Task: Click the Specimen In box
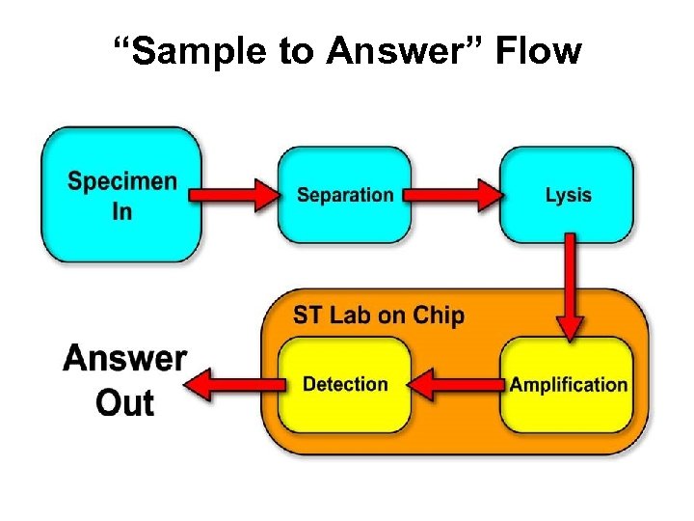122,195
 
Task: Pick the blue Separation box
345,195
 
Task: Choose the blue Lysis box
568,195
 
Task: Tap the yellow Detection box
345,384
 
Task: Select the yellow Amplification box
568,384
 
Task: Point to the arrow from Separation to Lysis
453,195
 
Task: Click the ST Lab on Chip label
378,315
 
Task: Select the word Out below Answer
124,402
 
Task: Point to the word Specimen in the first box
122,181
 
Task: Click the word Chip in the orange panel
439,315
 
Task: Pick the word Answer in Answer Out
124,359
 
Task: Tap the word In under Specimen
122,211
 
